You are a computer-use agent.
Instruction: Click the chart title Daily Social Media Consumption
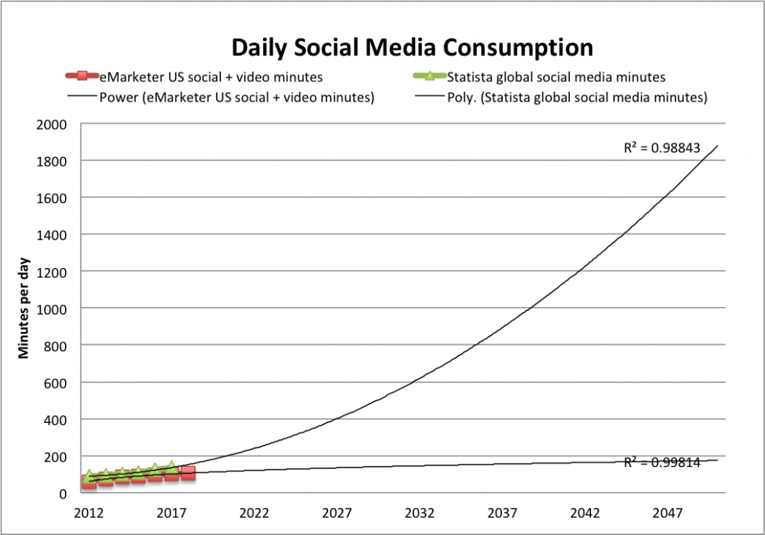(x=412, y=47)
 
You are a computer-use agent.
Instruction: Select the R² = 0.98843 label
(x=662, y=148)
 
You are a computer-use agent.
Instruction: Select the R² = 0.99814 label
(x=662, y=462)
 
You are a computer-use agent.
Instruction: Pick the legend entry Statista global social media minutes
(x=556, y=76)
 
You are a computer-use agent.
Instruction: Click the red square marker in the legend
(x=84, y=75)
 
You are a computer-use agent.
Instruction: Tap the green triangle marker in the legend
(x=430, y=75)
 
